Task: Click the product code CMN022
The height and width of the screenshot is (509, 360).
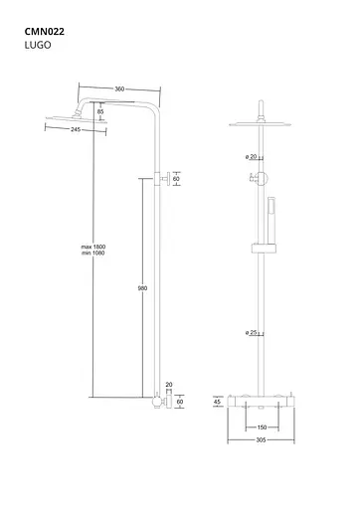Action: [44, 31]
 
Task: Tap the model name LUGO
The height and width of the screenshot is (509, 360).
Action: [36, 46]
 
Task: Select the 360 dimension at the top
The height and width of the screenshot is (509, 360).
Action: [119, 88]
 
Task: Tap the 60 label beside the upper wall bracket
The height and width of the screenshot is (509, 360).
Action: [177, 181]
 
